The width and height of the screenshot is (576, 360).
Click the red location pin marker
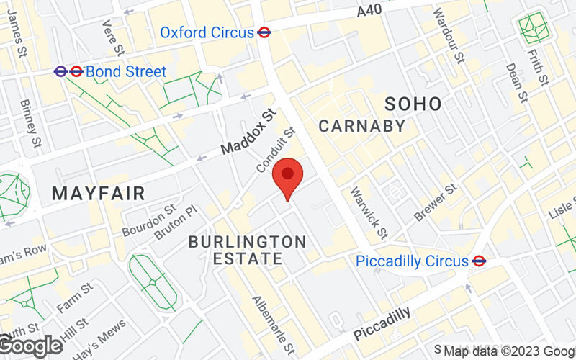pyautogui.click(x=288, y=177)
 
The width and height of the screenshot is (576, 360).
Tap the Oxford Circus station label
pyautogui.click(x=207, y=32)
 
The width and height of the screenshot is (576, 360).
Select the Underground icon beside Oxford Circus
pyautogui.click(x=264, y=32)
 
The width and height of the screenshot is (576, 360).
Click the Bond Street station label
pyautogui.click(x=126, y=71)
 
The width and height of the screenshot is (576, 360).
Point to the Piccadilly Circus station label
pyautogui.click(x=412, y=261)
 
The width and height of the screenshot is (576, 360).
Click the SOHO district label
pyautogui.click(x=413, y=104)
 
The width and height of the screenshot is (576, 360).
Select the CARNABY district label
pyautogui.click(x=362, y=126)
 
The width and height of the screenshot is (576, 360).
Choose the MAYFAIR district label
pyautogui.click(x=99, y=193)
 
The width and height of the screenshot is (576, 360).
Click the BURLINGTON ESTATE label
pyautogui.click(x=247, y=249)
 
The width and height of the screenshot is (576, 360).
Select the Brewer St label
pyautogui.click(x=436, y=202)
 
